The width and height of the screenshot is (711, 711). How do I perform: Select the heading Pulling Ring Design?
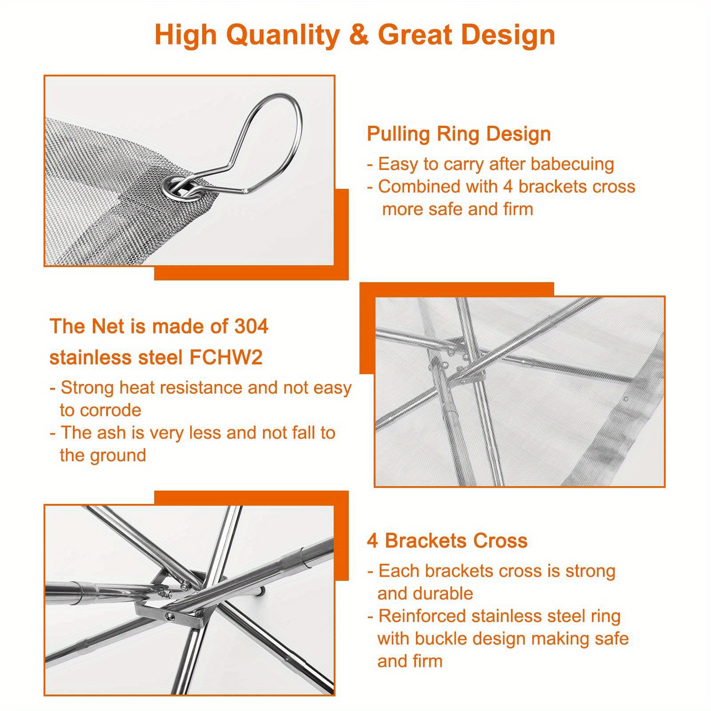click(x=459, y=134)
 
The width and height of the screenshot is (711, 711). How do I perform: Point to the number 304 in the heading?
click(x=251, y=327)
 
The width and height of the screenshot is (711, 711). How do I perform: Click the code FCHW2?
click(x=226, y=358)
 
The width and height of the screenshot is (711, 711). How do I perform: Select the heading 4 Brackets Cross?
click(x=447, y=541)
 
